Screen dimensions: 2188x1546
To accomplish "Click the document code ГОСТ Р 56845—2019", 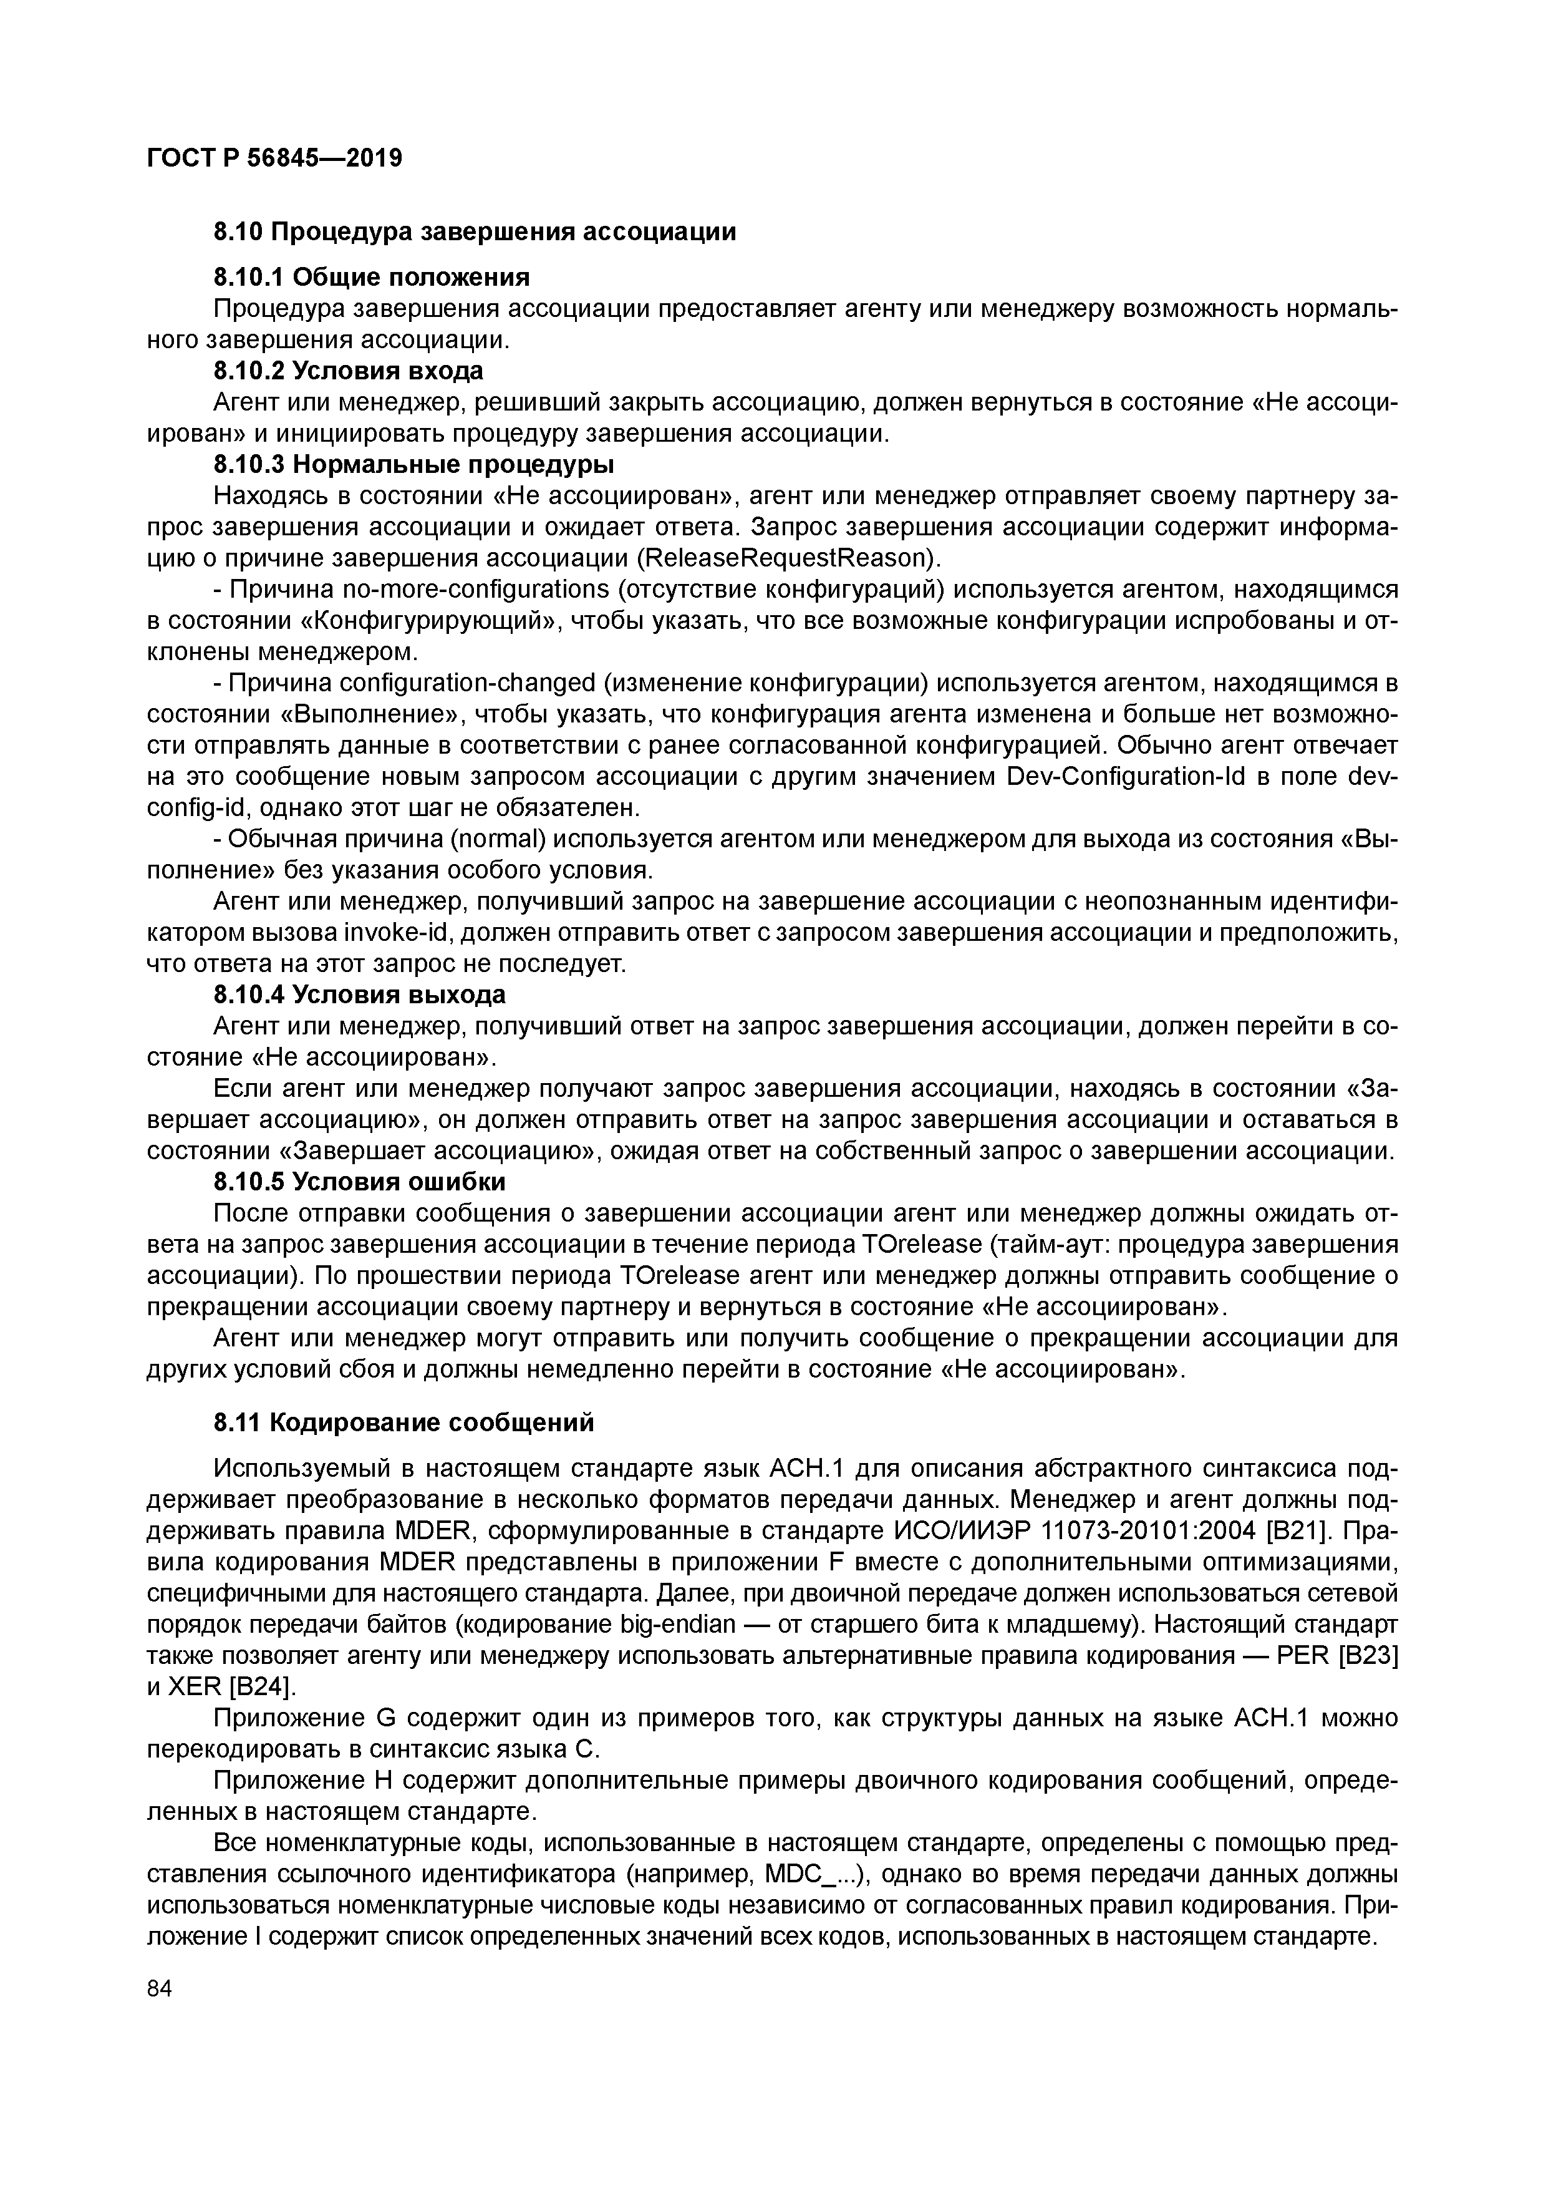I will click(x=274, y=157).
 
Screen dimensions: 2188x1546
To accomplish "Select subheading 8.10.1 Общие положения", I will click(x=370, y=277).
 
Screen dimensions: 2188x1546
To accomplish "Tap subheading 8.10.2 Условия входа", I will click(x=348, y=371).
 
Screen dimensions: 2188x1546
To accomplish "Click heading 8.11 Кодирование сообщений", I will click(x=403, y=1422).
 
